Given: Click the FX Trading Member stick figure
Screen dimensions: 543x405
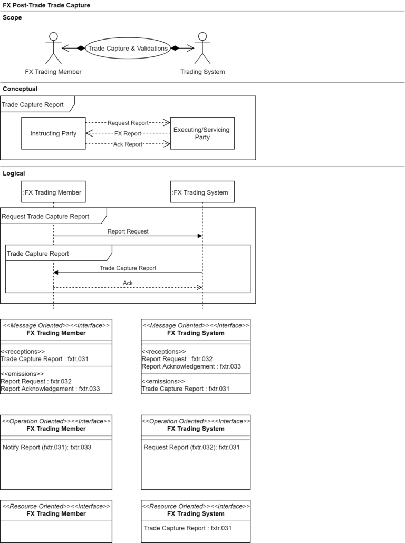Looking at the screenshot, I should [x=53, y=48].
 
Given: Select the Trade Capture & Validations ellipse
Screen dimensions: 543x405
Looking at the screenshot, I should [x=128, y=48].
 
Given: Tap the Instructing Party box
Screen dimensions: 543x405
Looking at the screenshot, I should [x=53, y=133].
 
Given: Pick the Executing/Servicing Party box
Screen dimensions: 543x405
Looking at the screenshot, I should [x=202, y=133].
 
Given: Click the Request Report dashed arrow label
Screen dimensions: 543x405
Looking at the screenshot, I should [x=128, y=123].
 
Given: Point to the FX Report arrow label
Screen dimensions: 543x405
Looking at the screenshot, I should [x=128, y=133].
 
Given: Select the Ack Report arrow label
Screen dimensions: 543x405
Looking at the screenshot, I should [x=128, y=144].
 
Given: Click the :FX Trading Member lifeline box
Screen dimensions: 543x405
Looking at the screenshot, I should [x=53, y=192].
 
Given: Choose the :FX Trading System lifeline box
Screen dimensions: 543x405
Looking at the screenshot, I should [x=202, y=192].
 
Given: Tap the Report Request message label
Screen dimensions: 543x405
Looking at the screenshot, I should [x=128, y=231].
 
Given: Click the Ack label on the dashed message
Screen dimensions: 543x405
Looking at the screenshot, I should [x=128, y=283].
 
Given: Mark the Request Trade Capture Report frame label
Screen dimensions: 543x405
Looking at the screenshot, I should [x=45, y=216].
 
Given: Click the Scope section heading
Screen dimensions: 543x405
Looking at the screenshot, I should [x=12, y=17].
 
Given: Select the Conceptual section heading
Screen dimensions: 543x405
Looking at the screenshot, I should [x=20, y=89].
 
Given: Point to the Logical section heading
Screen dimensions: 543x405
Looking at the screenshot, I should [x=14, y=173].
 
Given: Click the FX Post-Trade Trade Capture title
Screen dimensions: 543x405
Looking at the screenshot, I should [x=46, y=5].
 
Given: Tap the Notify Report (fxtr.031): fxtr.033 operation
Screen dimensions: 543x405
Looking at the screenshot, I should [x=47, y=447].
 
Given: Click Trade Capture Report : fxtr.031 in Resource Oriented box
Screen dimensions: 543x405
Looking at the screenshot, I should [x=188, y=528].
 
